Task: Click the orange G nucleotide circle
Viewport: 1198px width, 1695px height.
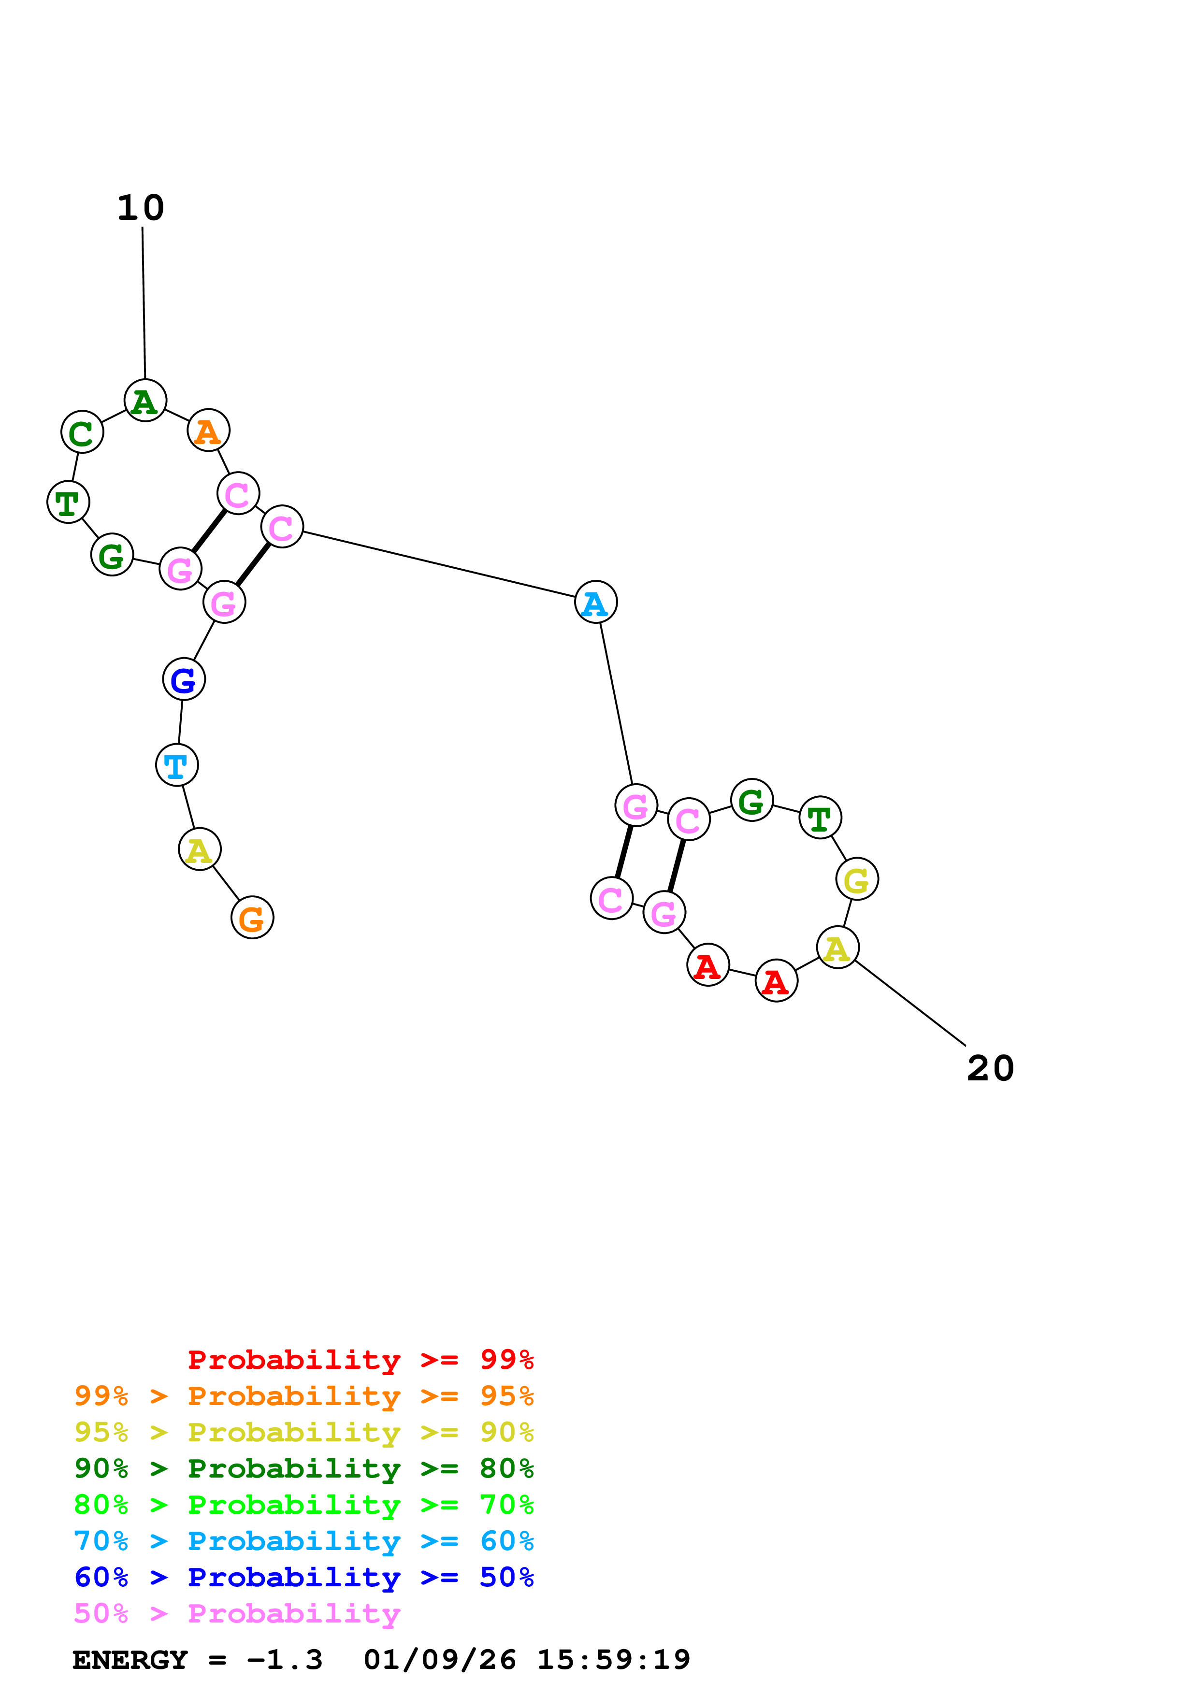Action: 252,918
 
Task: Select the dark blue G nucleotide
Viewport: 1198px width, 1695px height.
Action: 184,679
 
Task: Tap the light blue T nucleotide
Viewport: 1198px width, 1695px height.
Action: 177,765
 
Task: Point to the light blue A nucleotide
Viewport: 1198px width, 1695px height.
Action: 596,603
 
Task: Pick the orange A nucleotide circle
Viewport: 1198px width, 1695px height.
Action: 209,431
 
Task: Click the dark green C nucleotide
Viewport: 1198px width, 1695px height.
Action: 82,432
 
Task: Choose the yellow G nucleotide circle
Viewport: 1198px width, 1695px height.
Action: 857,879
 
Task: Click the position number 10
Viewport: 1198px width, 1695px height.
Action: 141,208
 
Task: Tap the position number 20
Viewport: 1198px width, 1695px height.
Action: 991,1068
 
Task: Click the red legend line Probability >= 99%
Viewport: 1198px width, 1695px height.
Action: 360,1360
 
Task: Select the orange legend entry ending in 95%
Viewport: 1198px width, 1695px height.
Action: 304,1396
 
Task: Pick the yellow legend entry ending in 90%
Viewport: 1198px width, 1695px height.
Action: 304,1432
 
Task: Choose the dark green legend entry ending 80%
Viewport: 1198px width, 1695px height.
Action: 304,1468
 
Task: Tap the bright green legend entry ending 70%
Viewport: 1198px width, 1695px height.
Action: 304,1505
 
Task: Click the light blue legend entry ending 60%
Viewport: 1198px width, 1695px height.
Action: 304,1541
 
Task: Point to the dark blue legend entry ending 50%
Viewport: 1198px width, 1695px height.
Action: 304,1577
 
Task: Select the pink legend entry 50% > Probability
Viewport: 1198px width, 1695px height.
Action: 237,1613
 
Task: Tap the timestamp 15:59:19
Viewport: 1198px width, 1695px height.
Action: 613,1660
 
